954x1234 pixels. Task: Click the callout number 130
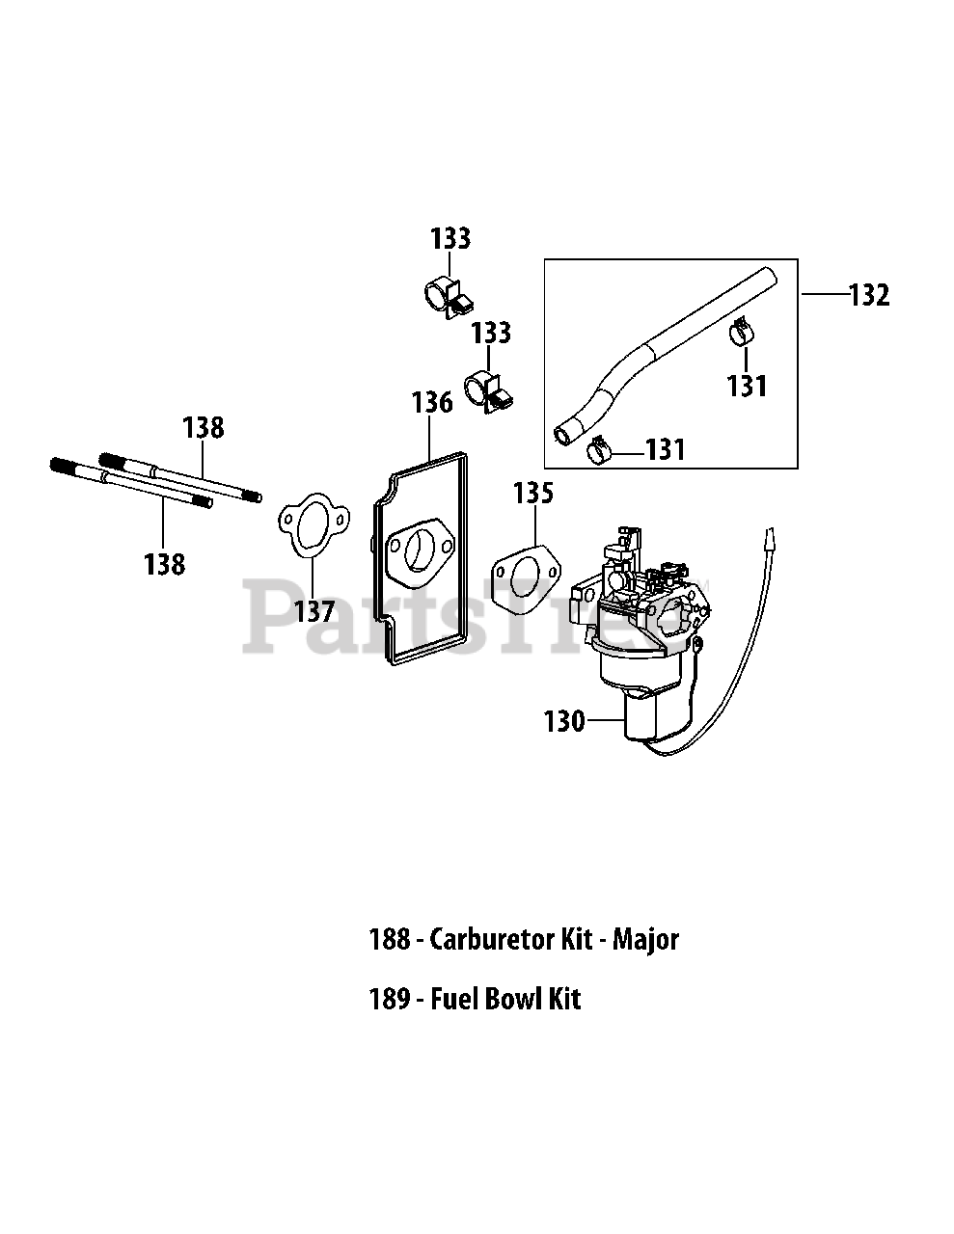click(564, 721)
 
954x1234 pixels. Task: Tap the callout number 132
click(869, 295)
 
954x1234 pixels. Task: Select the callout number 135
click(533, 493)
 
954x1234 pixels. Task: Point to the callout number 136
click(432, 403)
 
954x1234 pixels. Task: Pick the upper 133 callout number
click(450, 238)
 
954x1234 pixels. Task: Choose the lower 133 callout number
click(491, 333)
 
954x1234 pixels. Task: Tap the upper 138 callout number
click(204, 428)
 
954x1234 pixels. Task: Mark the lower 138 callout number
click(164, 565)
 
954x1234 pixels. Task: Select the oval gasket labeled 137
click(313, 525)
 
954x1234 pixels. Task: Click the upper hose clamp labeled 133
click(449, 296)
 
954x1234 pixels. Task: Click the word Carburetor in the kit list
click(493, 939)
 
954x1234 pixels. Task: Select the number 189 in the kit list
click(390, 999)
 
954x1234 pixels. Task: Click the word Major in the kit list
click(645, 940)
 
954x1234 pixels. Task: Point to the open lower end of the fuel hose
click(562, 437)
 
